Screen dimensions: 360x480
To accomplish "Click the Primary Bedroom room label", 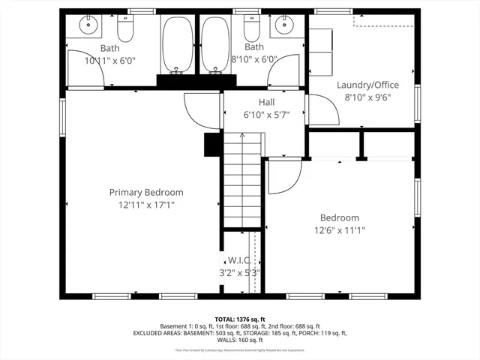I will tap(146, 193).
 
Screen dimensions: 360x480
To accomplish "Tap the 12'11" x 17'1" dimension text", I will tap(146, 205).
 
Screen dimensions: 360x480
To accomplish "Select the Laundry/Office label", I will tap(367, 85).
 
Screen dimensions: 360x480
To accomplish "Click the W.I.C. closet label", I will tap(238, 261).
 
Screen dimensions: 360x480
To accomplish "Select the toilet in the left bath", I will tap(124, 28).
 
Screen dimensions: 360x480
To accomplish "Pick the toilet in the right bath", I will tap(250, 28).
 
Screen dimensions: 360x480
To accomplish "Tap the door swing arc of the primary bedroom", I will tap(199, 112).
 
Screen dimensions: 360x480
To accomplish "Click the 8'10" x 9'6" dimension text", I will tap(367, 97).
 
